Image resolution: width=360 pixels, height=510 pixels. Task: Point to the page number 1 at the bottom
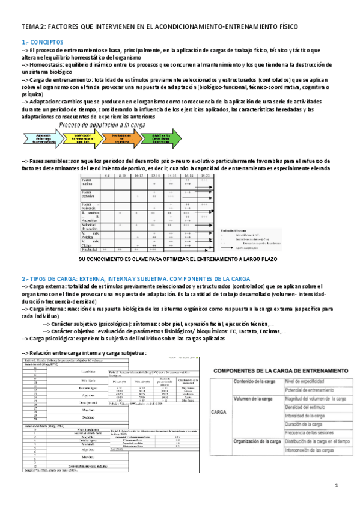pos(337,485)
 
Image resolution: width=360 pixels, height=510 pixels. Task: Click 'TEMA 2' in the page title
pos(34,28)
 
